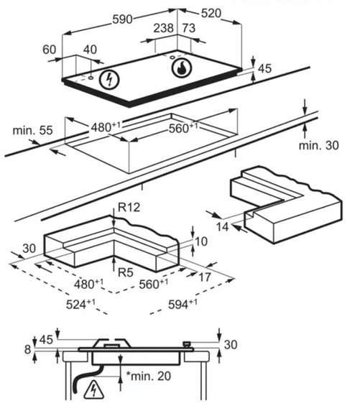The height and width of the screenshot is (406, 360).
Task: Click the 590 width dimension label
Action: [x=122, y=19]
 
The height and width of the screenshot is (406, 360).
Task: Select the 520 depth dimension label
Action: [x=211, y=13]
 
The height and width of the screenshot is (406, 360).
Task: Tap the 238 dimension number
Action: [x=163, y=28]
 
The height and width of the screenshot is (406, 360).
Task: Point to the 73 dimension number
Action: [x=189, y=28]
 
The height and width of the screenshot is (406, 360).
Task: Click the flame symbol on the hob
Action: [x=182, y=68]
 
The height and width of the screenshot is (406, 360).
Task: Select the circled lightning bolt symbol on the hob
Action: [x=109, y=79]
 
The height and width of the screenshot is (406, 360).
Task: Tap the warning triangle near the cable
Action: [x=93, y=389]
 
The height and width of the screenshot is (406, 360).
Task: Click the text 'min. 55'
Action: [x=32, y=130]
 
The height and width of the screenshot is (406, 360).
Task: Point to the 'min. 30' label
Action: [x=319, y=145]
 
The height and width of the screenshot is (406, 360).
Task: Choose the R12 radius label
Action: [x=129, y=207]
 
